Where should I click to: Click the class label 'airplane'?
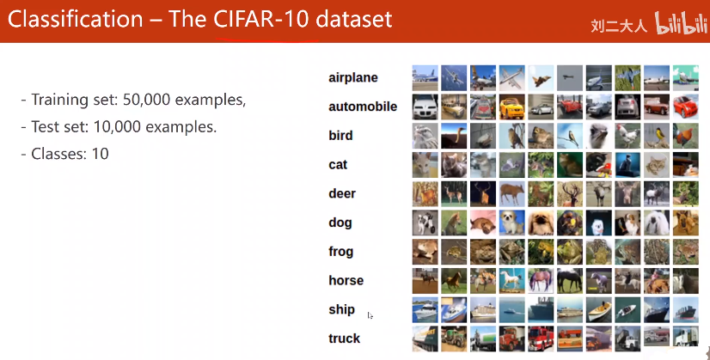point(353,78)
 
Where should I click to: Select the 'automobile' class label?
point(363,107)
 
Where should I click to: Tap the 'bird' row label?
point(340,136)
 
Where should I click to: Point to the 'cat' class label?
point(338,164)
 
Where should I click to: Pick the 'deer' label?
point(342,193)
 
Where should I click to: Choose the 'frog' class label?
point(341,252)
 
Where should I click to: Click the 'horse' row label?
point(346,280)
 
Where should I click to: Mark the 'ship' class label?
point(341,309)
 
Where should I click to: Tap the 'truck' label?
point(344,339)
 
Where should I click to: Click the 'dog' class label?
point(340,223)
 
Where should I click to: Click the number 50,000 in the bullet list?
point(147,100)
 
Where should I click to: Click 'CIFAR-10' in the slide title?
point(260,19)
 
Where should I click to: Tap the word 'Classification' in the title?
point(75,19)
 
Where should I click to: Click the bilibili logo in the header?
point(681,23)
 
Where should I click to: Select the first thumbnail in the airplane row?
point(425,78)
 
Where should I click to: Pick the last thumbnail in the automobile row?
point(686,107)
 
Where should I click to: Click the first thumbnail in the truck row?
point(425,339)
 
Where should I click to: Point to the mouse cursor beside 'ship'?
point(370,315)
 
